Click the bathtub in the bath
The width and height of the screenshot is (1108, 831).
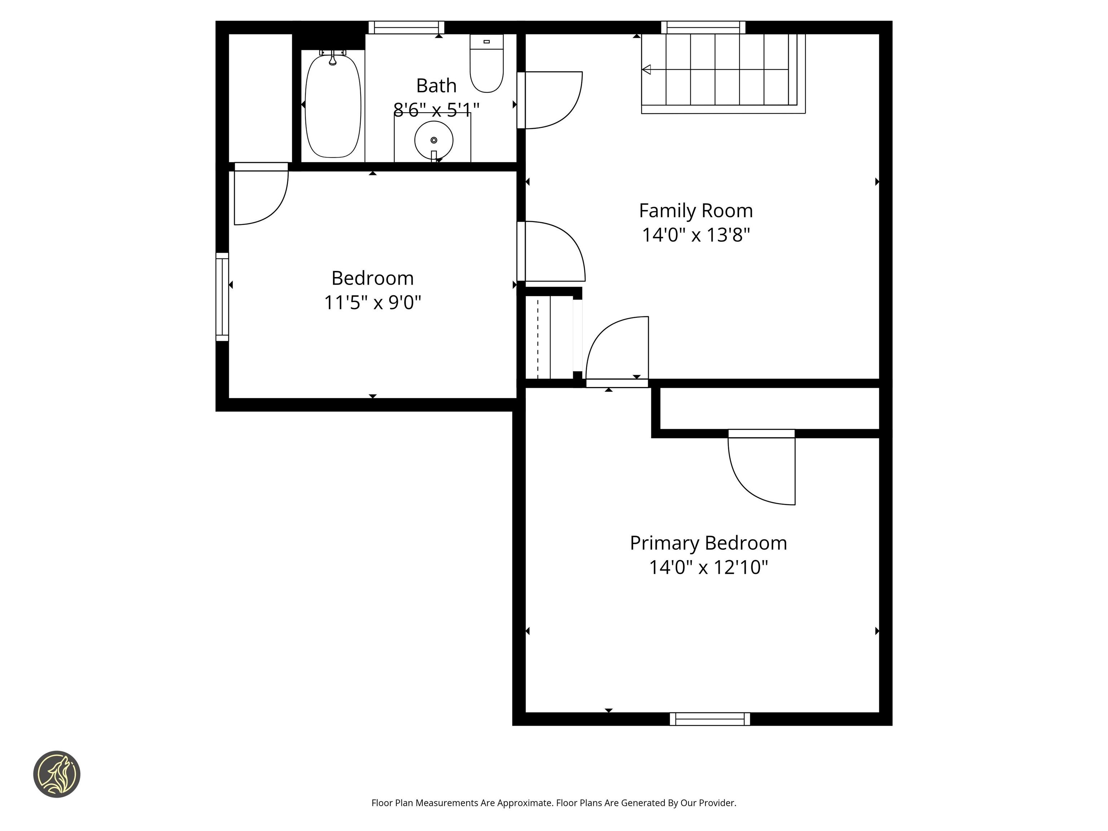click(333, 107)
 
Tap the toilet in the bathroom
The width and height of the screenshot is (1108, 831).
click(487, 65)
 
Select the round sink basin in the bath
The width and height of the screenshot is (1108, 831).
click(434, 140)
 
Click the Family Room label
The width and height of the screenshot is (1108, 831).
click(696, 210)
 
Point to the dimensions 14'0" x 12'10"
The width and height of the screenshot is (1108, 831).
click(708, 567)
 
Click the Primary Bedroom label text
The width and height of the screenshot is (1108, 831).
click(708, 543)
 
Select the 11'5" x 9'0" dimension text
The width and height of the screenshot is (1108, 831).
click(372, 303)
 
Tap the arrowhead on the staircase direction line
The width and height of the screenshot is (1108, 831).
click(647, 70)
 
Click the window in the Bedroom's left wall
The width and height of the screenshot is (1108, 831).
click(222, 297)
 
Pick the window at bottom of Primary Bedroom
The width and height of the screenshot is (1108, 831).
click(710, 719)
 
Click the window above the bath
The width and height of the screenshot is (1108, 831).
click(406, 27)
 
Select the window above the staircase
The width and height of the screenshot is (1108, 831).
click(703, 27)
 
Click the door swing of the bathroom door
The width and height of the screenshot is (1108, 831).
click(551, 100)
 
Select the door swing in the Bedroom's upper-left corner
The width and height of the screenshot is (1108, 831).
click(260, 195)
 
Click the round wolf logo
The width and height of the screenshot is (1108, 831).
click(57, 774)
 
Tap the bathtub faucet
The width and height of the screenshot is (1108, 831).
click(333, 58)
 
